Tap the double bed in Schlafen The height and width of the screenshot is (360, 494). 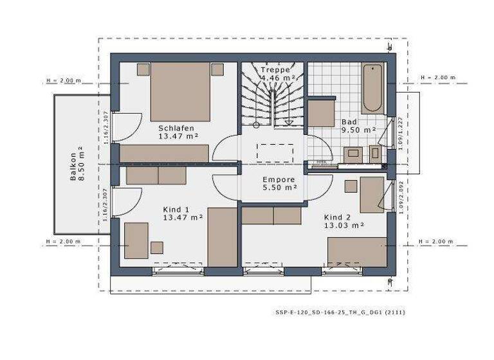(181, 91)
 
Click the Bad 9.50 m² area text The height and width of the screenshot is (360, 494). (358, 129)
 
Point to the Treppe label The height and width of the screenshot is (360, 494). (275, 69)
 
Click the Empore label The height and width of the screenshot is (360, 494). (279, 179)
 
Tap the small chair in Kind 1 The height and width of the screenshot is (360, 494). (156, 248)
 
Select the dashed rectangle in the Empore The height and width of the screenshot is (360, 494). (275, 153)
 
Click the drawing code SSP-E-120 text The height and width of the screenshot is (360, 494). (340, 312)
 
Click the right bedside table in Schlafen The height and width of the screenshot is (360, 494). (217, 69)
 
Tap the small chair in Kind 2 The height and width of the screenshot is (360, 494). (351, 186)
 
